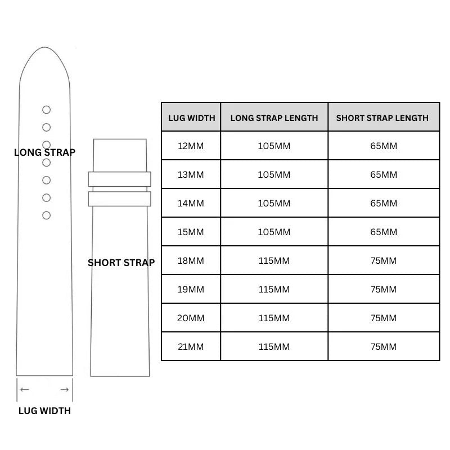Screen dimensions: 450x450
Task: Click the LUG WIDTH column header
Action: coord(191,117)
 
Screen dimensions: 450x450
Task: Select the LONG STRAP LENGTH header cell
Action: coord(274,117)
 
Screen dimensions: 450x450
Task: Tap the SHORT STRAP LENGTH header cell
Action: coord(384,117)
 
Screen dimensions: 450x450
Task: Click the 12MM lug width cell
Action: coord(191,146)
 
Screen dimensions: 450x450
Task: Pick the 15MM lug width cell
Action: coord(191,232)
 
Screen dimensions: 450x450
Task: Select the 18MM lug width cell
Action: coord(191,260)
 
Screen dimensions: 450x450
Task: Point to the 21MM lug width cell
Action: coord(191,346)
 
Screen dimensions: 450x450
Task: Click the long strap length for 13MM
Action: coord(274,174)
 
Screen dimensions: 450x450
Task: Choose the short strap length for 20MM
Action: coord(384,318)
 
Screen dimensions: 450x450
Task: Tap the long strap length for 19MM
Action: coord(274,289)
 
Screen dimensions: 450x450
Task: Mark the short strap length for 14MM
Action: coord(384,203)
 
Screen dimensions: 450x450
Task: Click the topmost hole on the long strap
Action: coord(47,106)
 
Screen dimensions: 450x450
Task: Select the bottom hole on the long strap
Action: coord(47,211)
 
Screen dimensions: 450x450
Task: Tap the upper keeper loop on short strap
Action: coord(119,172)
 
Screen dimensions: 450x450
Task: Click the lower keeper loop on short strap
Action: coord(119,192)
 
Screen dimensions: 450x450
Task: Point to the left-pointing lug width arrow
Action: coord(25,389)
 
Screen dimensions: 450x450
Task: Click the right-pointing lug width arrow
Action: coord(65,389)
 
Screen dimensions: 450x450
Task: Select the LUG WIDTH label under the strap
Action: coord(44,411)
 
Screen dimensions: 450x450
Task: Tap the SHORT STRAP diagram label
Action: coord(121,263)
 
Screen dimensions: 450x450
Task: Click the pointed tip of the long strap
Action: coord(45,47)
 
